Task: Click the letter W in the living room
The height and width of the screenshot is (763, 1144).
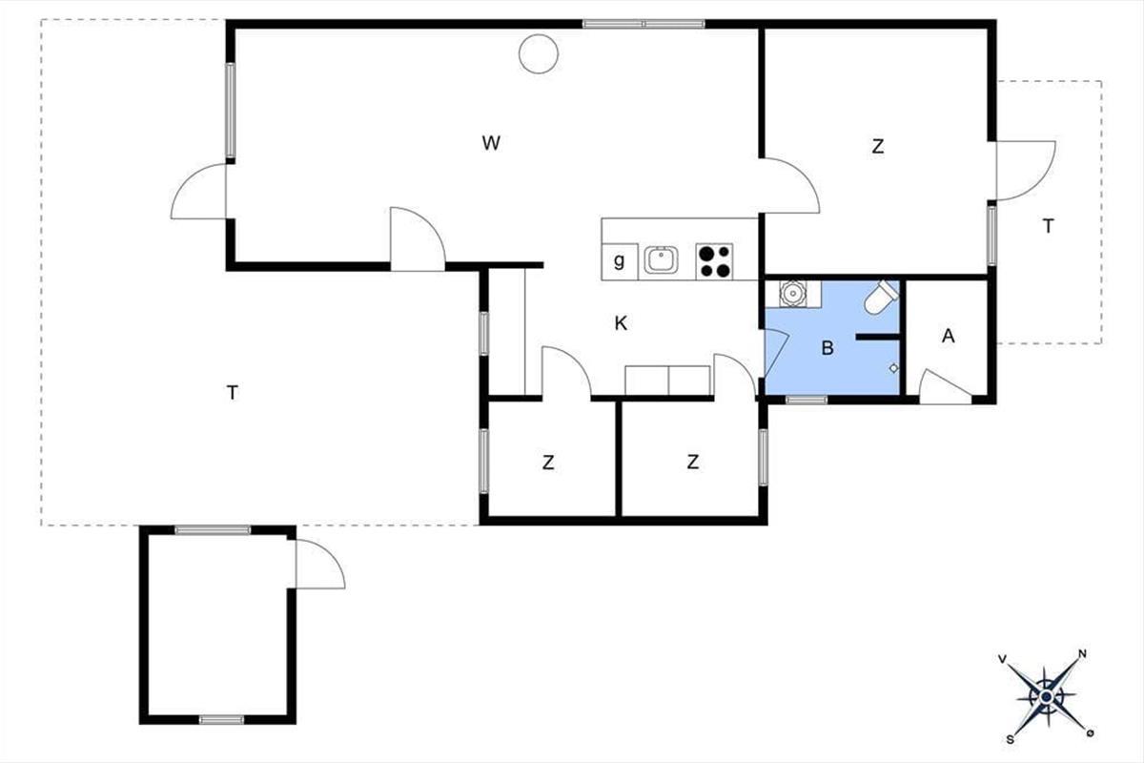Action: pyautogui.click(x=491, y=143)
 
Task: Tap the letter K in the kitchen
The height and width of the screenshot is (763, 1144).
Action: pyautogui.click(x=621, y=323)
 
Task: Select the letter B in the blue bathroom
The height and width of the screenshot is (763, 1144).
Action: pyautogui.click(x=827, y=348)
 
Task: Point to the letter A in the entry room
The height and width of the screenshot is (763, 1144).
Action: pyautogui.click(x=949, y=336)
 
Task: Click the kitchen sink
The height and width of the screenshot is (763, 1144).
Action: pyautogui.click(x=661, y=260)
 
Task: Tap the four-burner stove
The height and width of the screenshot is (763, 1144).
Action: pyautogui.click(x=714, y=261)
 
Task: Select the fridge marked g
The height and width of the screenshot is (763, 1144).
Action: pyautogui.click(x=620, y=261)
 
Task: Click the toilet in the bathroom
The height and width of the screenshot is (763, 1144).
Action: pyautogui.click(x=881, y=297)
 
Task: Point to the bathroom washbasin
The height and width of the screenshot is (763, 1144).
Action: pyautogui.click(x=792, y=294)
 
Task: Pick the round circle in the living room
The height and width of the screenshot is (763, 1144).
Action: pyautogui.click(x=539, y=53)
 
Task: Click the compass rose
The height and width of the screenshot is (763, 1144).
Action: pyautogui.click(x=1047, y=696)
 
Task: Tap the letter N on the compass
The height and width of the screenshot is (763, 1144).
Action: pyautogui.click(x=1082, y=653)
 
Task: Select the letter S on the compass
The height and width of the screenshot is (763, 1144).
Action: pyautogui.click(x=1011, y=739)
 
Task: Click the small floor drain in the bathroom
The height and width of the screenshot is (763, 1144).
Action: pyautogui.click(x=894, y=368)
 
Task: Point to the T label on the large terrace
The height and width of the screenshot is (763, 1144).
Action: pyautogui.click(x=233, y=393)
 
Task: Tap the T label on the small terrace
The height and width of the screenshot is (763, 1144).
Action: pyautogui.click(x=1048, y=225)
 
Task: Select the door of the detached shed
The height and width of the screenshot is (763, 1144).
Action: pyautogui.click(x=319, y=563)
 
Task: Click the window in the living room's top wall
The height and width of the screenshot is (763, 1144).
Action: pyautogui.click(x=643, y=24)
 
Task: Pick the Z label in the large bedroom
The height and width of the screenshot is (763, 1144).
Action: pyautogui.click(x=877, y=147)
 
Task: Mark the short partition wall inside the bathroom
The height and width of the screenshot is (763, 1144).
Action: pyautogui.click(x=877, y=337)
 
